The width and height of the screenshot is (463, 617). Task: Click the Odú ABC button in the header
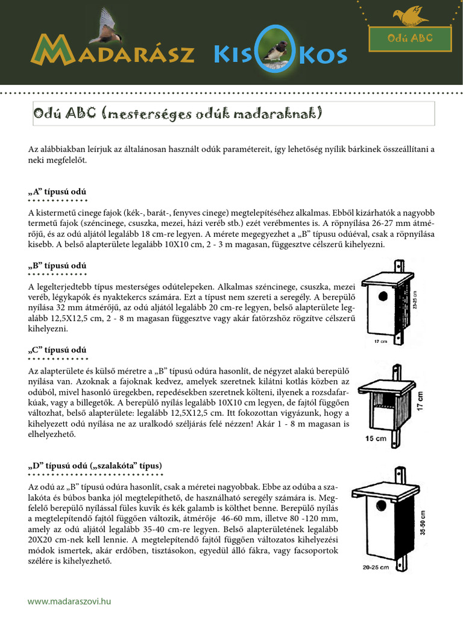[x=410, y=39]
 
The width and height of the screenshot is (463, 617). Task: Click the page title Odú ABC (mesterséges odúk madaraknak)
[x=178, y=113]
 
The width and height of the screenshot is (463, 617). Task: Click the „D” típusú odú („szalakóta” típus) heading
[x=95, y=466]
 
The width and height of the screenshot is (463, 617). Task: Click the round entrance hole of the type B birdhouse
[x=382, y=296]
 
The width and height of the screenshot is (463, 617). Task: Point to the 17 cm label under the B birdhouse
[x=380, y=341]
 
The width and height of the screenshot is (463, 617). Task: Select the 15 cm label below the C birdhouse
[x=376, y=439]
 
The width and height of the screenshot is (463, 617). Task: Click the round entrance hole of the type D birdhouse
[x=381, y=504]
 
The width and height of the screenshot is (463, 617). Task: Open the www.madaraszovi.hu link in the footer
[x=69, y=601]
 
